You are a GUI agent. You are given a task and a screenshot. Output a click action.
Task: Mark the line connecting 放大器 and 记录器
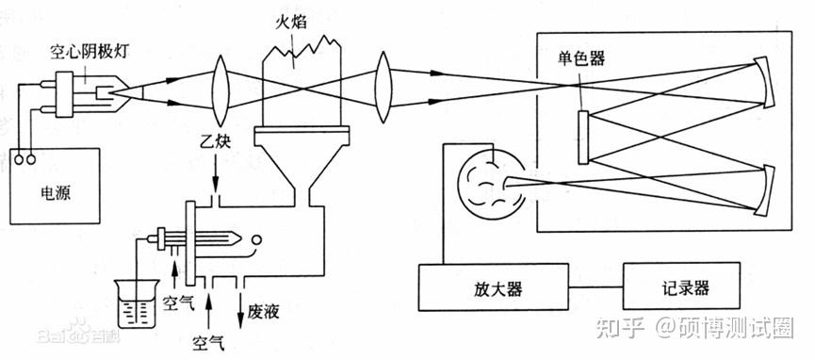pos(595,283)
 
